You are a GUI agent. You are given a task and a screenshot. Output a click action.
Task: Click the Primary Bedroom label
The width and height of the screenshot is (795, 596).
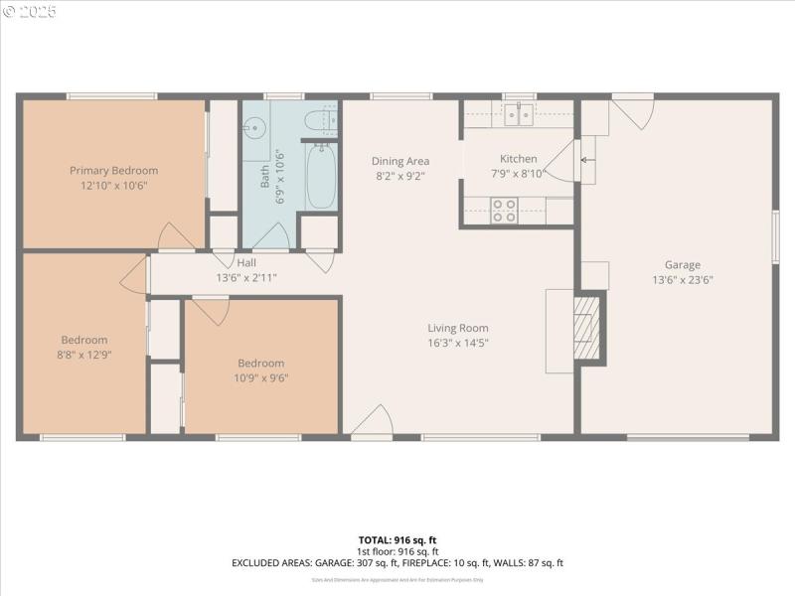pos(113,170)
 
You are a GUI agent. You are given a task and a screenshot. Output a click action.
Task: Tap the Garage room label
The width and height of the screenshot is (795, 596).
pos(682,264)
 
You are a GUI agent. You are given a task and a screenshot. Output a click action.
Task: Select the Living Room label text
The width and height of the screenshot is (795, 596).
pos(458,328)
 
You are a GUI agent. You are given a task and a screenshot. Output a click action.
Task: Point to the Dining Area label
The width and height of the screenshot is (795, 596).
pos(400,161)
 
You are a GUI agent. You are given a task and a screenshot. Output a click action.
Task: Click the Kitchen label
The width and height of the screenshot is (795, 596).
pos(518,159)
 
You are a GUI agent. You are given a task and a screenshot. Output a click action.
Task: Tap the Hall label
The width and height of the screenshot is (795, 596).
pos(246,262)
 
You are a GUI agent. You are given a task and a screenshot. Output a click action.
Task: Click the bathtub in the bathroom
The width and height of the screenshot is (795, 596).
pos(320,176)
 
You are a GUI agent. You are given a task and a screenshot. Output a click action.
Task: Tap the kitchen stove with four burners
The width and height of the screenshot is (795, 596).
pos(505,211)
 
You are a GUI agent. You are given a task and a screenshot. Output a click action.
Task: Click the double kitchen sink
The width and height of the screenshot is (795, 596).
pos(518,115)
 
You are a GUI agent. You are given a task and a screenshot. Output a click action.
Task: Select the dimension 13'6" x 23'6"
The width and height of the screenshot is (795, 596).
pos(682,279)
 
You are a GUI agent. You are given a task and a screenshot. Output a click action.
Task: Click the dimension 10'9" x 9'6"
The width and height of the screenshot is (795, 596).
pos(261,377)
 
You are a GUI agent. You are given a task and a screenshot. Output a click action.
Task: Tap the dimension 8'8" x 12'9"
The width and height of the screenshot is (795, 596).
pos(84,354)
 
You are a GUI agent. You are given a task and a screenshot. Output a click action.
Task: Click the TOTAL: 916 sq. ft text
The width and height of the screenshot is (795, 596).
pos(397,539)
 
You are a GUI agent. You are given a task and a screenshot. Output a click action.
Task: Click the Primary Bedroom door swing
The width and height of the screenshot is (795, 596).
pos(177,236)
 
